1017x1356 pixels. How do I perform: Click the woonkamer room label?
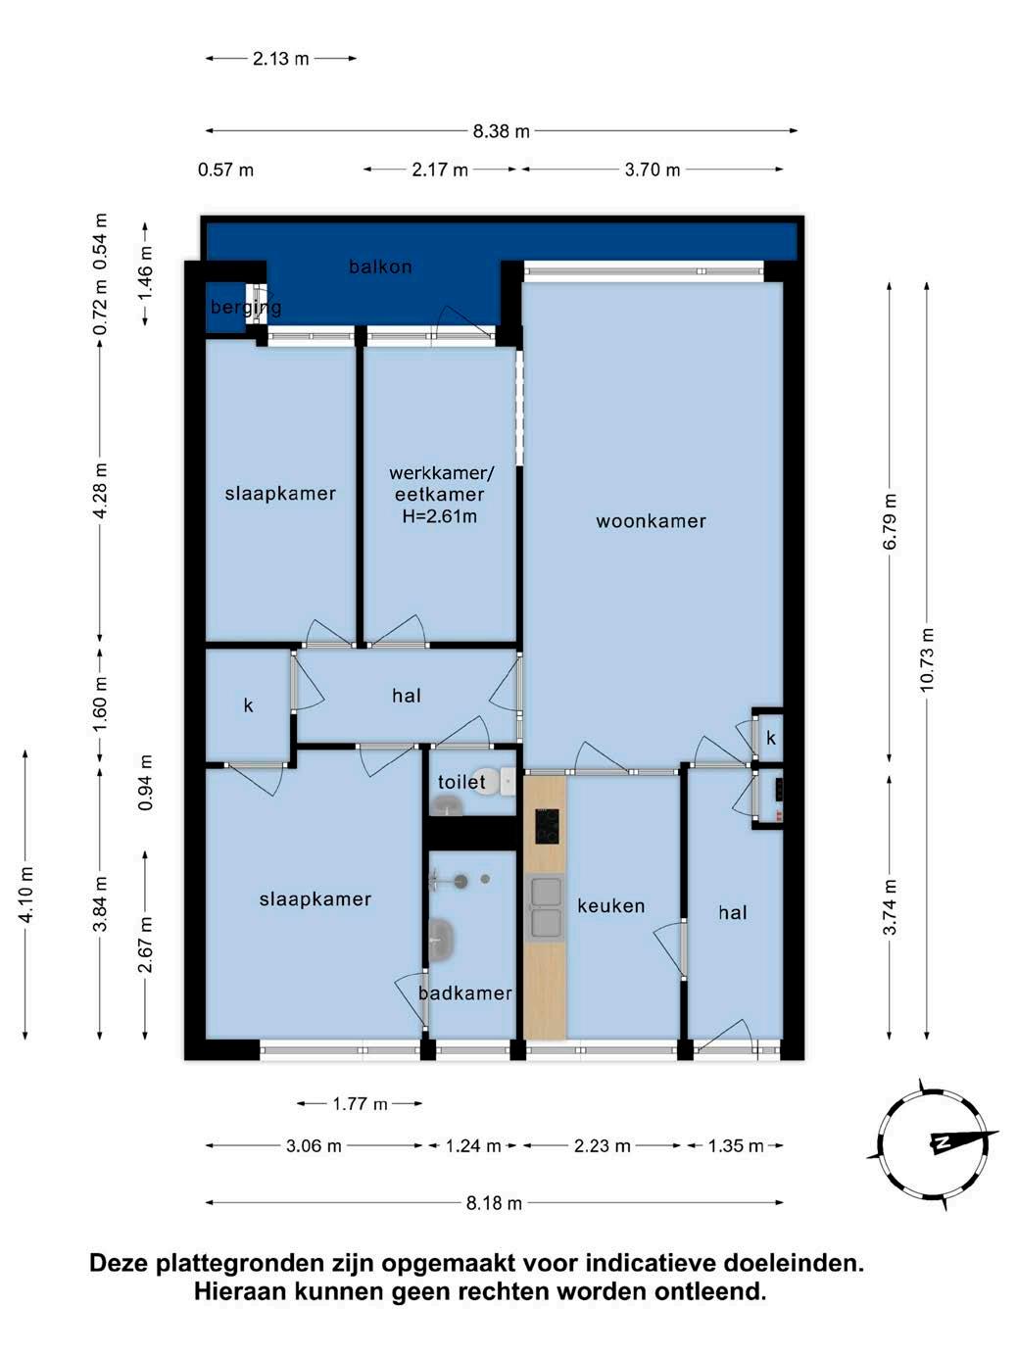[x=651, y=521]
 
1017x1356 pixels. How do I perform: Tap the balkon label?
[x=380, y=266]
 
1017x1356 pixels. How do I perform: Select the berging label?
[x=246, y=307]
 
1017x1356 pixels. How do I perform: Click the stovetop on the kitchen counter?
[x=547, y=827]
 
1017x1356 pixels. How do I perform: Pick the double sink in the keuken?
[x=545, y=907]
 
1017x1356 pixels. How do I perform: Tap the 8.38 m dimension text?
[x=502, y=131]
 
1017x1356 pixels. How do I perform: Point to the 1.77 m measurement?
[x=360, y=1103]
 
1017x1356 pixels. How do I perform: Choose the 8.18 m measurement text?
[x=494, y=1203]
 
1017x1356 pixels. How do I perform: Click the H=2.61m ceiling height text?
[x=440, y=515]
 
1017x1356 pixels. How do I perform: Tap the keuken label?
[x=611, y=906]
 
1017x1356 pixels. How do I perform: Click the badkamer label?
[x=465, y=993]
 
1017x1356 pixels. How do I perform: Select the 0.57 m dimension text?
[x=225, y=169]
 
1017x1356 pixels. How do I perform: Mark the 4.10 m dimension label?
[x=25, y=895]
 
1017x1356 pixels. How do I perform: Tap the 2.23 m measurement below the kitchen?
[x=602, y=1146]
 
